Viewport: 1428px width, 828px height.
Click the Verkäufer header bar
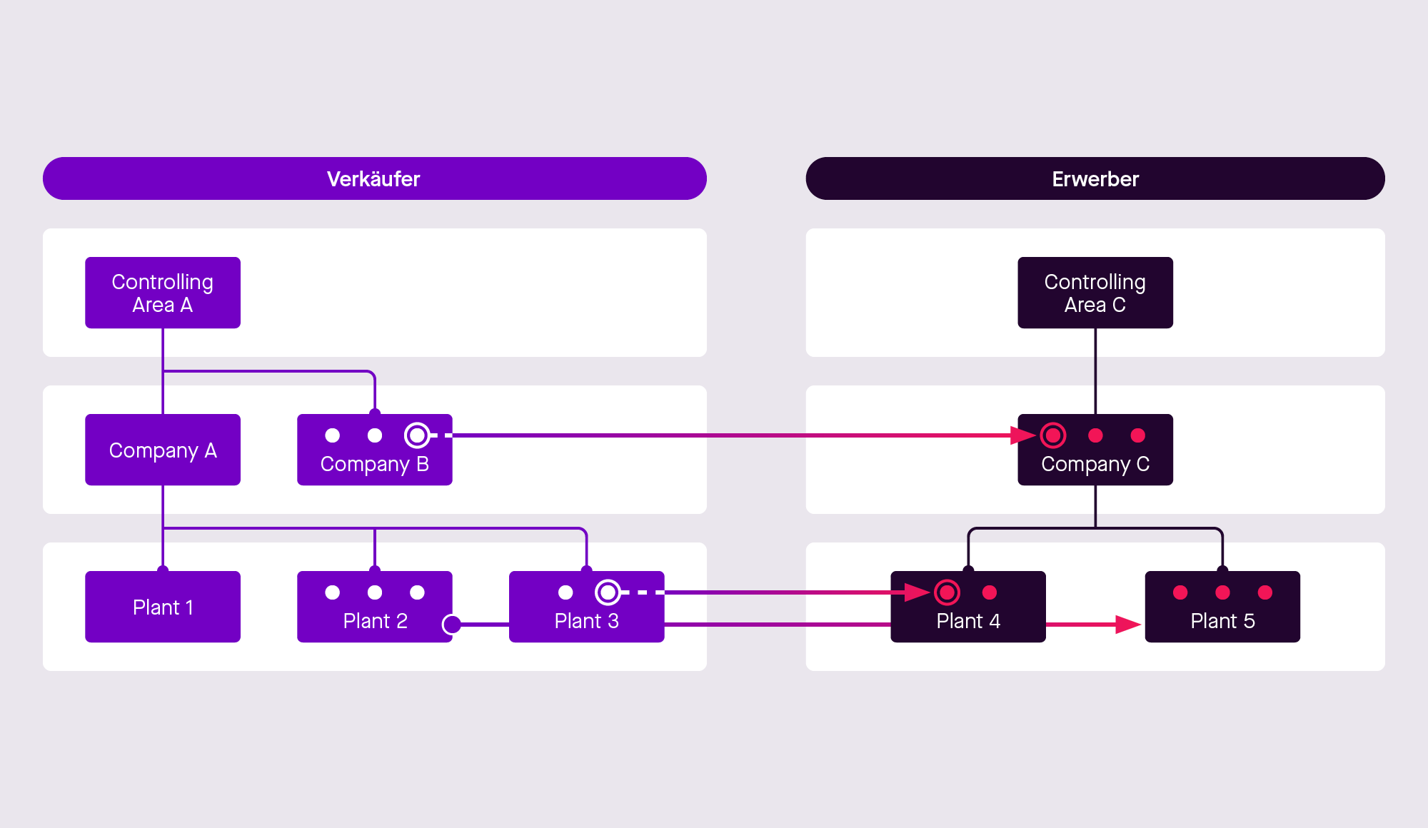(x=374, y=178)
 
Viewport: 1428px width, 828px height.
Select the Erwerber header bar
(x=1095, y=178)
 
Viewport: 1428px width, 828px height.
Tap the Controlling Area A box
(x=163, y=293)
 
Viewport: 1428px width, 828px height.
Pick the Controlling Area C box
(x=1095, y=293)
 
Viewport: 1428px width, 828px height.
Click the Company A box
(x=163, y=450)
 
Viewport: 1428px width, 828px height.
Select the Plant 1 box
(x=163, y=607)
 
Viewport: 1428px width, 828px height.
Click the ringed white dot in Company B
(x=417, y=435)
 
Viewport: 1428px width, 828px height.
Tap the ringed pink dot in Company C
(x=1052, y=435)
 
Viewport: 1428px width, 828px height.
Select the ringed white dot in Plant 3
(x=608, y=592)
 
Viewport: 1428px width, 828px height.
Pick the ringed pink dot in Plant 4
(x=947, y=592)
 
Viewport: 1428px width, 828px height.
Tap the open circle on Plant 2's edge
(x=451, y=625)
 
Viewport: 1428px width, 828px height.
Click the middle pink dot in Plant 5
(x=1222, y=592)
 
